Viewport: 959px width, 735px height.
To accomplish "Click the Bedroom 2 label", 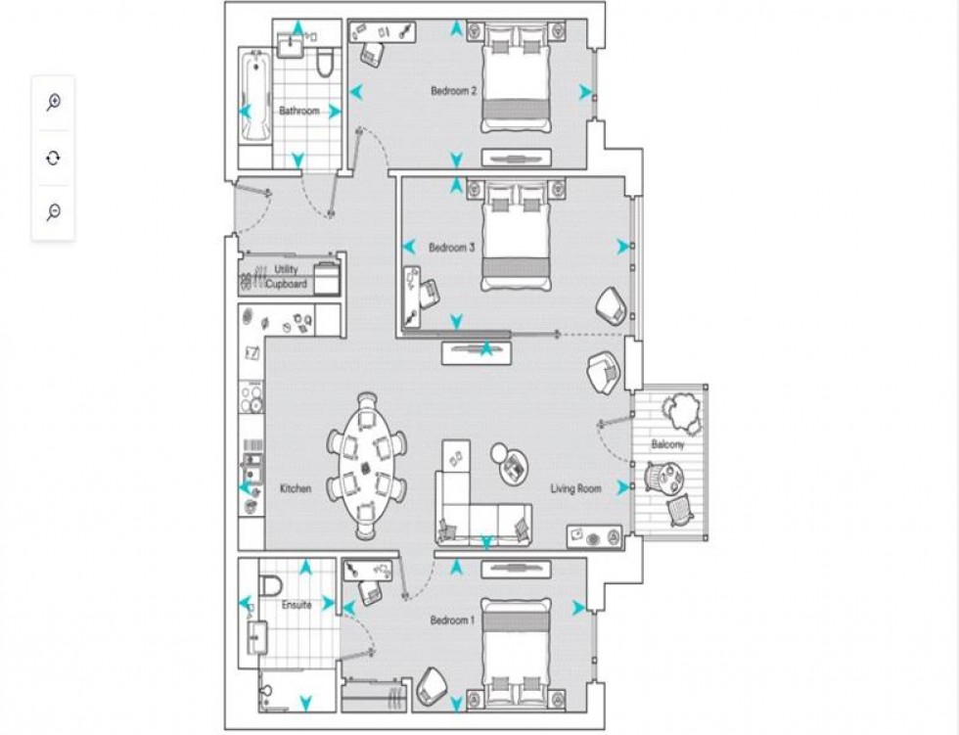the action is pos(453,91).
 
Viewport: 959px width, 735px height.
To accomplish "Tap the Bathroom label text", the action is pos(299,111).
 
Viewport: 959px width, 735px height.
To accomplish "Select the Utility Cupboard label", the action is pos(286,277).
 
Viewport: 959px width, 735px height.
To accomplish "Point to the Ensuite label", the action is pos(297,605).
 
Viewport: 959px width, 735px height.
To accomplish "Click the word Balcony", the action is pos(667,444).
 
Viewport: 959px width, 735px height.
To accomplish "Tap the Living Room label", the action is pos(575,488).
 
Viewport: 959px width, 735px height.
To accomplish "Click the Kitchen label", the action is pos(296,488).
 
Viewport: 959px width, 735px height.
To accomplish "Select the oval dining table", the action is pos(366,466).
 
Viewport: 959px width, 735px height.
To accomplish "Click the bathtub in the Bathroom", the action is pos(255,97).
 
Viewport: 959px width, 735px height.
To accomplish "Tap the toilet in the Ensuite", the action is pos(270,585).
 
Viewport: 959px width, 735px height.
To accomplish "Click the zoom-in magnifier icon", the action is pos(53,102).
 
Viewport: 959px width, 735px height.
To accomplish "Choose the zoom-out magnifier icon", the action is pos(53,212).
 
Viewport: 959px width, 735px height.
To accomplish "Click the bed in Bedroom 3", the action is pos(517,234).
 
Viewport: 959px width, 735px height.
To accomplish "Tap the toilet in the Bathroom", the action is pos(325,64).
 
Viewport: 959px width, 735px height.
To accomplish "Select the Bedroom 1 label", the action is pos(452,620).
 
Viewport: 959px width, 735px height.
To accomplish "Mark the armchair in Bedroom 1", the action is pos(432,685).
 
